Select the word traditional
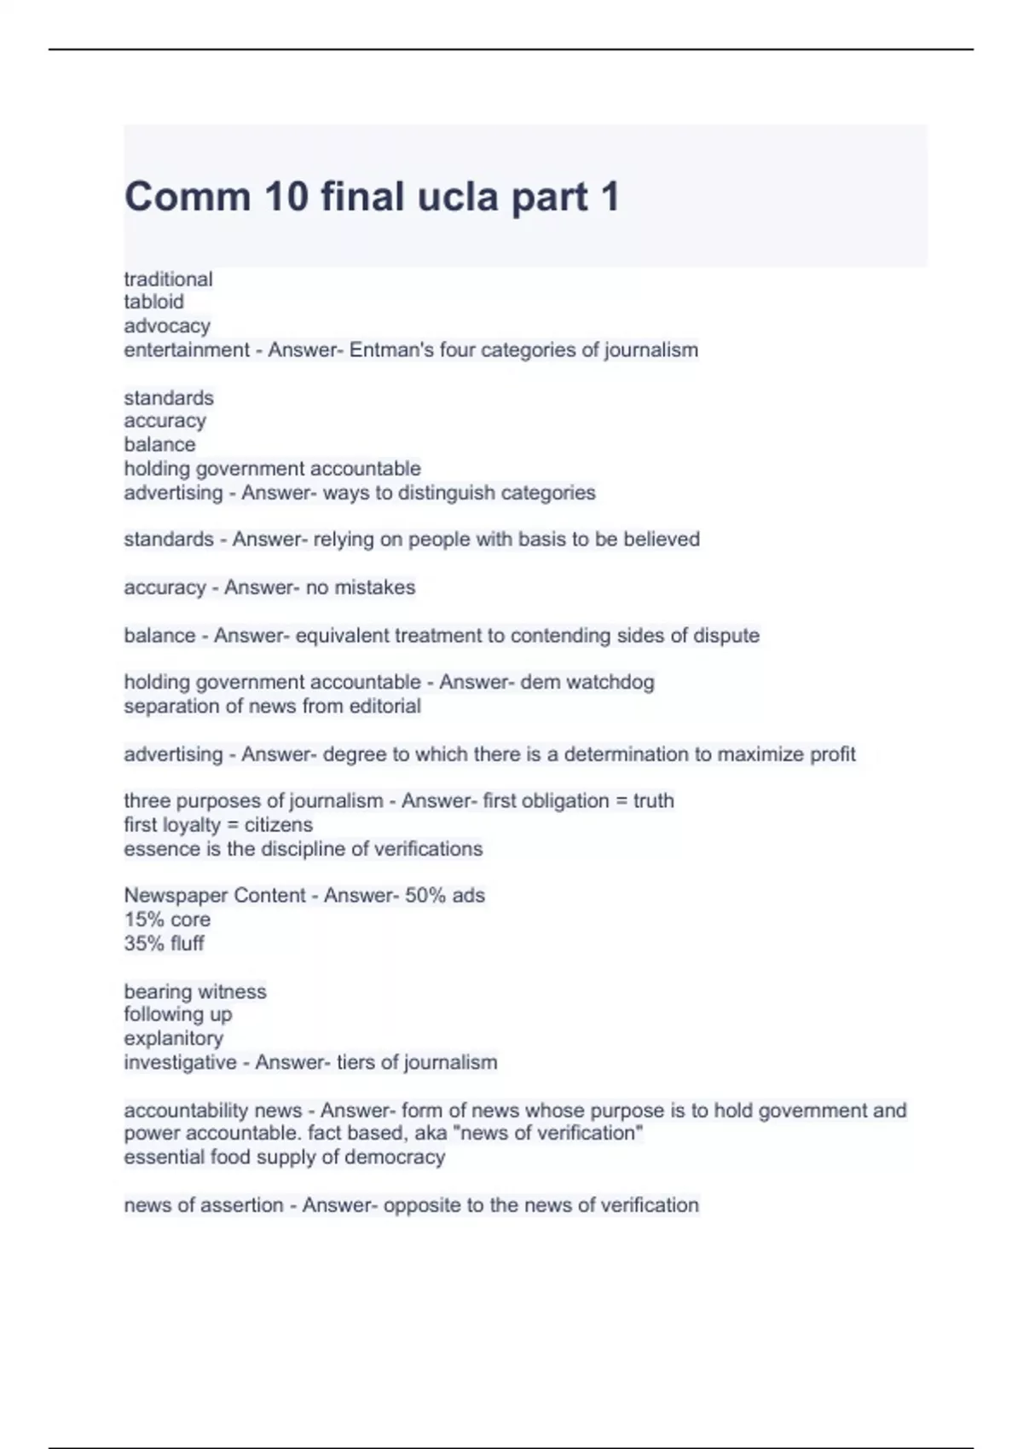point(168,279)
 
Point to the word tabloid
point(153,302)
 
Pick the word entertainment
point(187,349)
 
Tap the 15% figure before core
point(143,920)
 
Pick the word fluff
point(187,944)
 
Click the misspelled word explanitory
point(173,1038)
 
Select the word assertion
point(242,1205)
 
